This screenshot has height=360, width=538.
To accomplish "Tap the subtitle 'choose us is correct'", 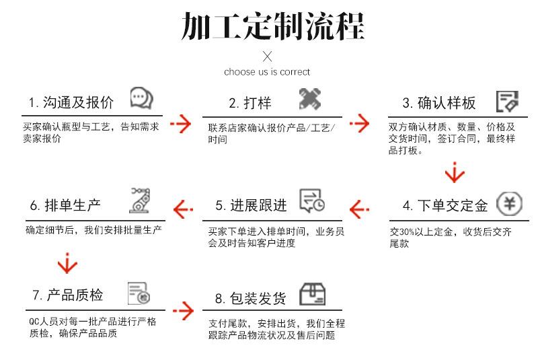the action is (267, 72).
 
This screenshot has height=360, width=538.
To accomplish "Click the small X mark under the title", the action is (267, 56).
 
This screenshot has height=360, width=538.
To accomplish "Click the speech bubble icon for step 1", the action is (141, 99).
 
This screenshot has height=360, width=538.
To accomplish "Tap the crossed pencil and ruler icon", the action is (310, 100).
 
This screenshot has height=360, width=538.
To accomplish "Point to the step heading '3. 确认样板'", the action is (439, 103).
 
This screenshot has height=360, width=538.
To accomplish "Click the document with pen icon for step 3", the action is (507, 101).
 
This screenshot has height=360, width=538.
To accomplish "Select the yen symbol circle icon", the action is (508, 204).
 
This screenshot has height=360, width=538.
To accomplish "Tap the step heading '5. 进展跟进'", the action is (251, 205).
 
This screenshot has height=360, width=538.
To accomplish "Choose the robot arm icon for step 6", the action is (140, 200).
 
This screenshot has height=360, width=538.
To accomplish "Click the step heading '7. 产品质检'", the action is (67, 295).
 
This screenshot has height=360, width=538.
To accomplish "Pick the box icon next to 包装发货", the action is (312, 294).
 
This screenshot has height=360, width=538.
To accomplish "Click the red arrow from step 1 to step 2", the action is (181, 124).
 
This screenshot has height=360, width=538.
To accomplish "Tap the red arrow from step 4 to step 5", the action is (360, 209).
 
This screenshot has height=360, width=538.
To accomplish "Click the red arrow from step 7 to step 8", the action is (182, 310).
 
